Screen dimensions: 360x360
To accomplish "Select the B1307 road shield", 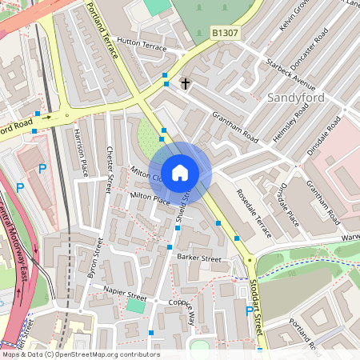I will tap(225, 33).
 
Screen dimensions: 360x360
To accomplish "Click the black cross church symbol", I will tap(186, 82).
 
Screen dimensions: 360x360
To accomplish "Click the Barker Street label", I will tap(198, 258).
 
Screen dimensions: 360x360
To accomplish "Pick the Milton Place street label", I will tap(150, 198).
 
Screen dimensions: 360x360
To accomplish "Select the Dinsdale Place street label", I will tap(286, 206).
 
